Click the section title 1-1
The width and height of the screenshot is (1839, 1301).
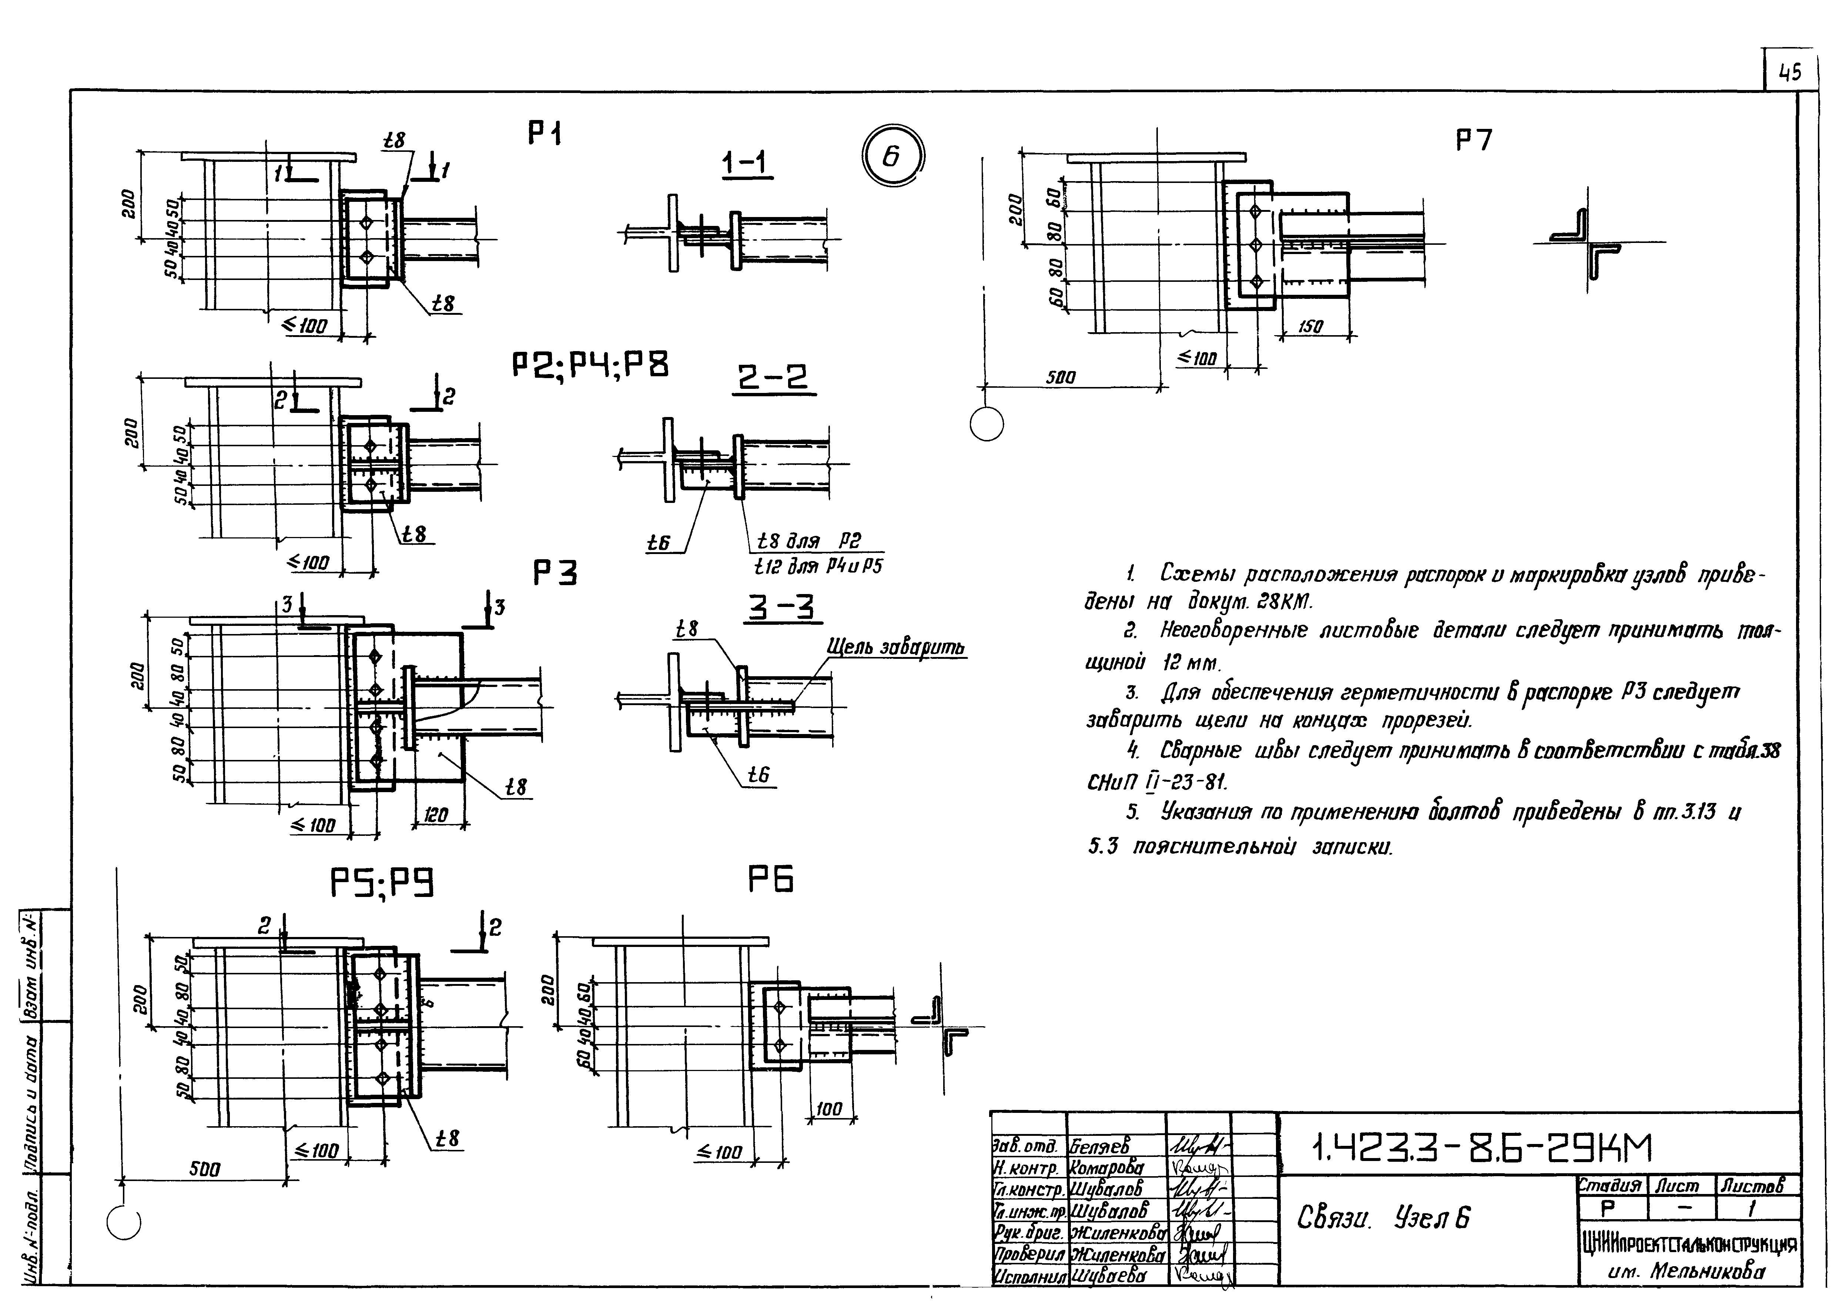coord(744,163)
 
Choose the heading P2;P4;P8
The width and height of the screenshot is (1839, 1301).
coord(590,366)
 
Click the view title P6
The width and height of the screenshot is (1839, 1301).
coord(771,880)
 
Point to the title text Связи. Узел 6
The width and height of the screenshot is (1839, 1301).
coord(1383,1218)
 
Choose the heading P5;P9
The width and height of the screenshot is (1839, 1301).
coord(382,884)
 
